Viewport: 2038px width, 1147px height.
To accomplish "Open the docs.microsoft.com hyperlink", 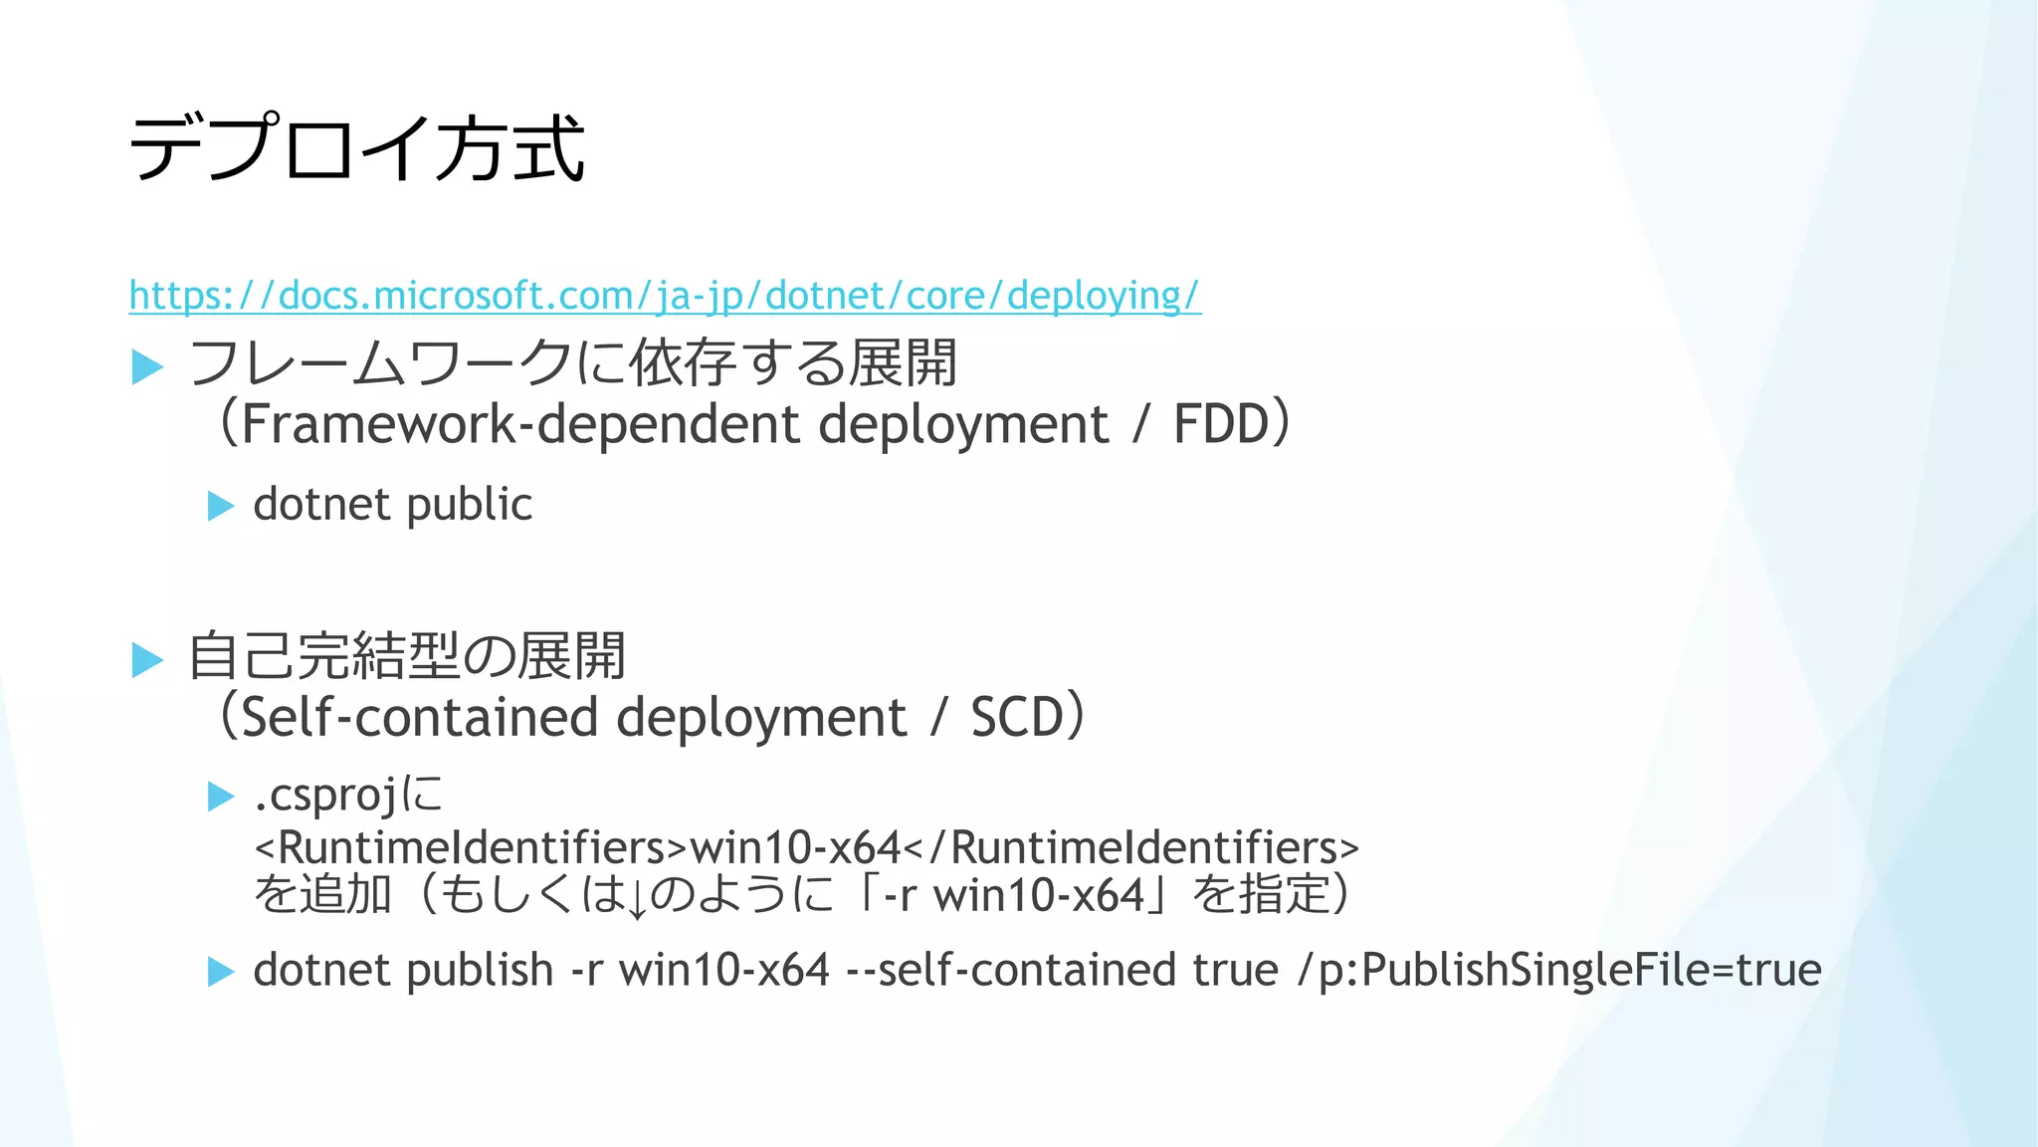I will click(x=665, y=296).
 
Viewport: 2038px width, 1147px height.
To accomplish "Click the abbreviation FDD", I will click(x=1221, y=424).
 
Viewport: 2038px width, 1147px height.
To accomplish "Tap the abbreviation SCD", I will click(x=1017, y=717).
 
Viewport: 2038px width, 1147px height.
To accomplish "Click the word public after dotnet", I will click(x=470, y=505).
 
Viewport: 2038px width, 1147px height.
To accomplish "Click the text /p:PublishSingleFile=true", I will click(x=1559, y=970).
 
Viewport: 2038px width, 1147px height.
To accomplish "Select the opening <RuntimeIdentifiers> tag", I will click(x=471, y=847).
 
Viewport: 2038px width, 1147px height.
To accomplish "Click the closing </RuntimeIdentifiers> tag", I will click(x=1130, y=847).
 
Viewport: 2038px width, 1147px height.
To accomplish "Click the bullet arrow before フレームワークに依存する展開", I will click(x=147, y=367).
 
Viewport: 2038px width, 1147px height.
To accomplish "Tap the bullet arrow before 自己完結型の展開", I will click(x=147, y=660).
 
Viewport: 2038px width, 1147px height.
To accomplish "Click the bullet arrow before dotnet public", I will click(x=220, y=506).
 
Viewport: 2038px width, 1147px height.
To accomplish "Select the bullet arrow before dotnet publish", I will click(x=220, y=972).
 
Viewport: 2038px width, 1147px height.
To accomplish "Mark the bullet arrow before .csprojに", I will click(x=220, y=797).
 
